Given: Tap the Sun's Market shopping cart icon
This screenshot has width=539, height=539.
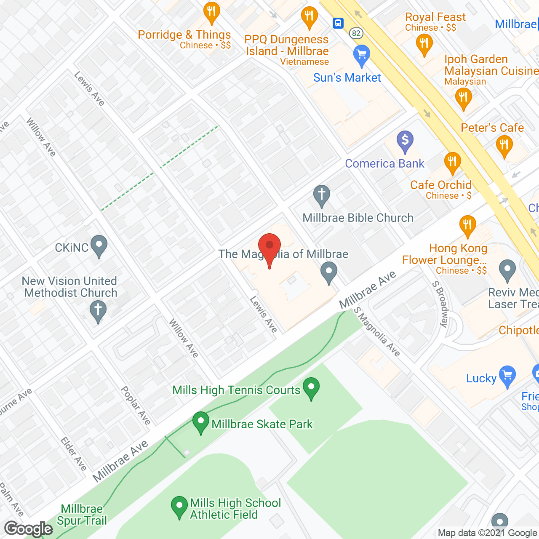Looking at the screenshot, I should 361,55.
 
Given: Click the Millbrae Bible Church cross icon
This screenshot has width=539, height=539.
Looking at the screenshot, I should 322,195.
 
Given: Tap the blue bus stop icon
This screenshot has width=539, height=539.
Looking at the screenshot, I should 338,23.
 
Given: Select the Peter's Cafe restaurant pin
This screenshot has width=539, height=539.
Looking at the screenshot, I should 504,146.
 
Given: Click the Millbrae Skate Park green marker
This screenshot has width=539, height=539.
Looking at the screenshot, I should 201,422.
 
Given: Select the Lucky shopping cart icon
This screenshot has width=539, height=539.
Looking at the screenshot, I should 507,376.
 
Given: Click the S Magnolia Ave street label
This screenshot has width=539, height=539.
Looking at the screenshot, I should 377,332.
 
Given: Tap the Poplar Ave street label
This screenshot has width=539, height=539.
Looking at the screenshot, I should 136,405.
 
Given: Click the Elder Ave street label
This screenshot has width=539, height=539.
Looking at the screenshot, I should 74,454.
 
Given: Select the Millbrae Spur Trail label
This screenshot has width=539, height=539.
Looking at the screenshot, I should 82,515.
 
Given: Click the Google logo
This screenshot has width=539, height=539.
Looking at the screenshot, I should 29,529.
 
